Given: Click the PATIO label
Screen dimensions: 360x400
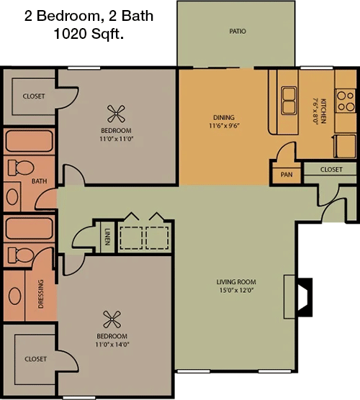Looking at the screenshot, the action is (238, 32).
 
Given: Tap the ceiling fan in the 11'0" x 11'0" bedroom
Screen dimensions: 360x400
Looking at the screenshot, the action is (116, 114).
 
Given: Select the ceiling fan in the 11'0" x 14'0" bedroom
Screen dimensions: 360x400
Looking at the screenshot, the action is (112, 319).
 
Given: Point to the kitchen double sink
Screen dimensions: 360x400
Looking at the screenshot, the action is (289, 101).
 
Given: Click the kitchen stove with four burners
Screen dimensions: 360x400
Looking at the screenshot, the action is (346, 101).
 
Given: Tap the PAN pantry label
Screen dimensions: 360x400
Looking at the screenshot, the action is (287, 175).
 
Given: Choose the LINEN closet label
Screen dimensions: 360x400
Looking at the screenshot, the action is (107, 237).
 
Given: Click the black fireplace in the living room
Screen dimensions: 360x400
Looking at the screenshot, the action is (305, 297).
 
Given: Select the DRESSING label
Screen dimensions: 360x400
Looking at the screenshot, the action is (40, 294).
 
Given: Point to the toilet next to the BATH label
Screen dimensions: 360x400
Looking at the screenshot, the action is (21, 168).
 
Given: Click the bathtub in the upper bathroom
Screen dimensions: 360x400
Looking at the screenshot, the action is (29, 141).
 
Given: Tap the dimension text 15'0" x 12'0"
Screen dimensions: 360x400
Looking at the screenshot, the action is (236, 291).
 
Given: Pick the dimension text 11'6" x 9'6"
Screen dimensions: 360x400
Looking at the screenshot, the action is (224, 126).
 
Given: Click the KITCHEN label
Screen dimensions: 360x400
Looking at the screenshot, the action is (323, 111).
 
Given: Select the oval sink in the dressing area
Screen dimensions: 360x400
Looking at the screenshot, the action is (15, 296).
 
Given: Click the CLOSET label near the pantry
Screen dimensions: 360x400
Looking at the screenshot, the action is (331, 170).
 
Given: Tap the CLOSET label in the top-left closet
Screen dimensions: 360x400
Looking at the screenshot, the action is (34, 96).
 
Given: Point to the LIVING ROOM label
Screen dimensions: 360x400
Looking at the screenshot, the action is (236, 282).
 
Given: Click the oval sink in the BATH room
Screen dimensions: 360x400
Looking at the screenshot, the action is (12, 196).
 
